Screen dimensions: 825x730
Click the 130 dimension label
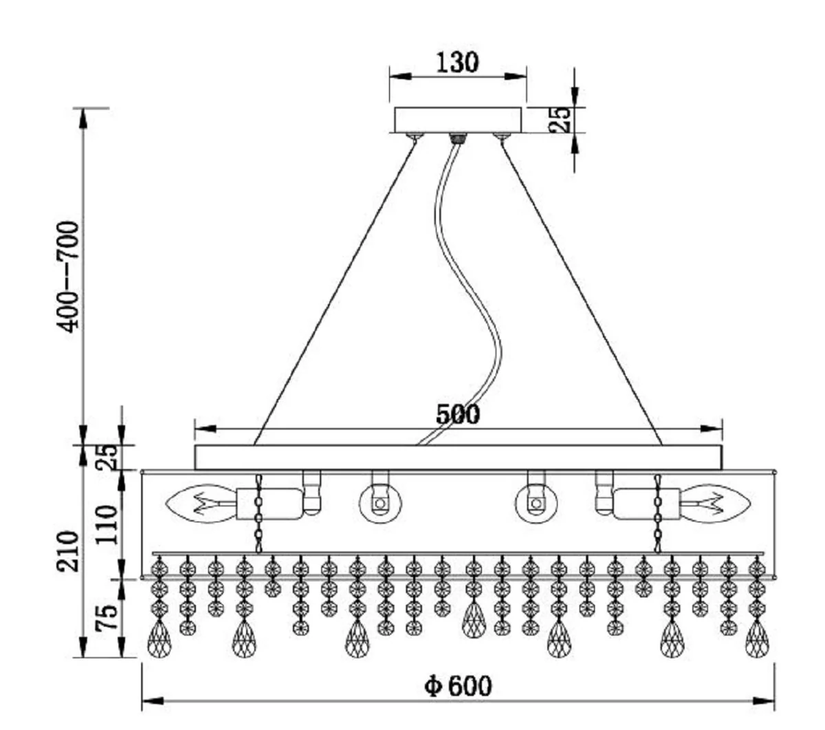[458, 63]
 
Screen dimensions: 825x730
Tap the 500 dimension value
[458, 414]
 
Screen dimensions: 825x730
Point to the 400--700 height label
[67, 277]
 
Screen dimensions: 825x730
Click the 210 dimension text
[67, 552]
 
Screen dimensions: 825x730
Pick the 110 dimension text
[107, 525]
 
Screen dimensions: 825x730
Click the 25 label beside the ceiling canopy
[560, 119]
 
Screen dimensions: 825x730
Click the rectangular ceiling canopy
[458, 120]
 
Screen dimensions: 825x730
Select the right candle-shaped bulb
[715, 504]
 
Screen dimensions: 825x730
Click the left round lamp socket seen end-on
[380, 504]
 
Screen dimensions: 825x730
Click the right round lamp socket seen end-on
[536, 504]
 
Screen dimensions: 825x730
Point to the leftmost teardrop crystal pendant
[159, 638]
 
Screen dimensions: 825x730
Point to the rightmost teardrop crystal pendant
[757, 638]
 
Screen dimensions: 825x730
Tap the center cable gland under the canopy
[458, 138]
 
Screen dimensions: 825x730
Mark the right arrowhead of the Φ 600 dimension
[764, 702]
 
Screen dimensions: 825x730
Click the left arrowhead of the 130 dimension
[400, 76]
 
